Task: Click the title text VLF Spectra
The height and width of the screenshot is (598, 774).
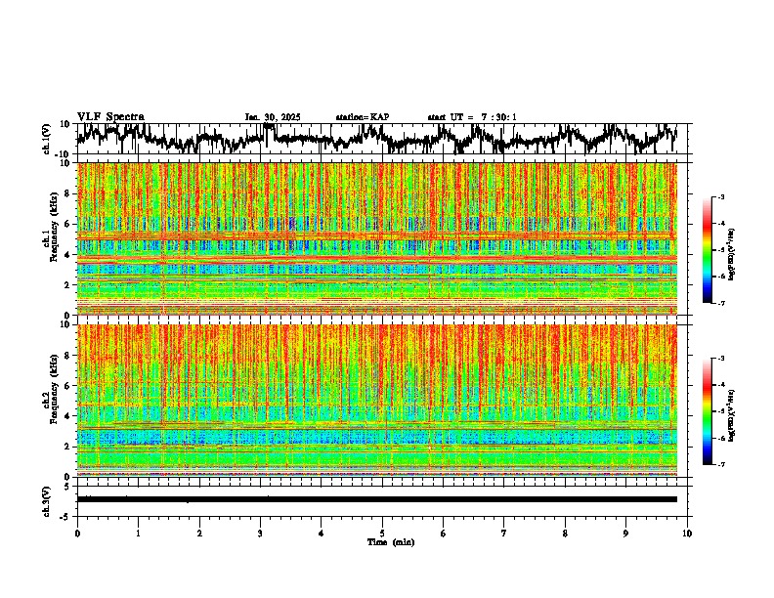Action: (x=110, y=116)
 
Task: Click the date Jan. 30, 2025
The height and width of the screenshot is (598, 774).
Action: (x=273, y=117)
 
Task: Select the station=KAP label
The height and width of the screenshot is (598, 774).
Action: (x=362, y=117)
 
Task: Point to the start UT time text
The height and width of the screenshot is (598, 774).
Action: (x=472, y=117)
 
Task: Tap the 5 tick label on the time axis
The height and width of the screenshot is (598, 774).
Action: (x=382, y=533)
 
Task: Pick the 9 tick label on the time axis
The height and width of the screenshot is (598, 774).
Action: (x=626, y=533)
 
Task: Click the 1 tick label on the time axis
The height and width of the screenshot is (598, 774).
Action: (x=138, y=533)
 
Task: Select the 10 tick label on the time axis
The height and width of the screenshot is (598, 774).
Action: (x=687, y=533)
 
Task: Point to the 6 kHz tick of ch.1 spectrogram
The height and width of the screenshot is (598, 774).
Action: (x=69, y=224)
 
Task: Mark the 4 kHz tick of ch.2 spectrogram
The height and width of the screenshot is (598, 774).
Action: (x=69, y=415)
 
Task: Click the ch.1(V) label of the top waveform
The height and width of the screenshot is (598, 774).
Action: (x=47, y=139)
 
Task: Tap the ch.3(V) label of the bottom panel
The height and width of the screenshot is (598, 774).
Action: (x=47, y=499)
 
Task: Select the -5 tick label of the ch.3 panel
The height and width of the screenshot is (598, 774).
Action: (x=66, y=514)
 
